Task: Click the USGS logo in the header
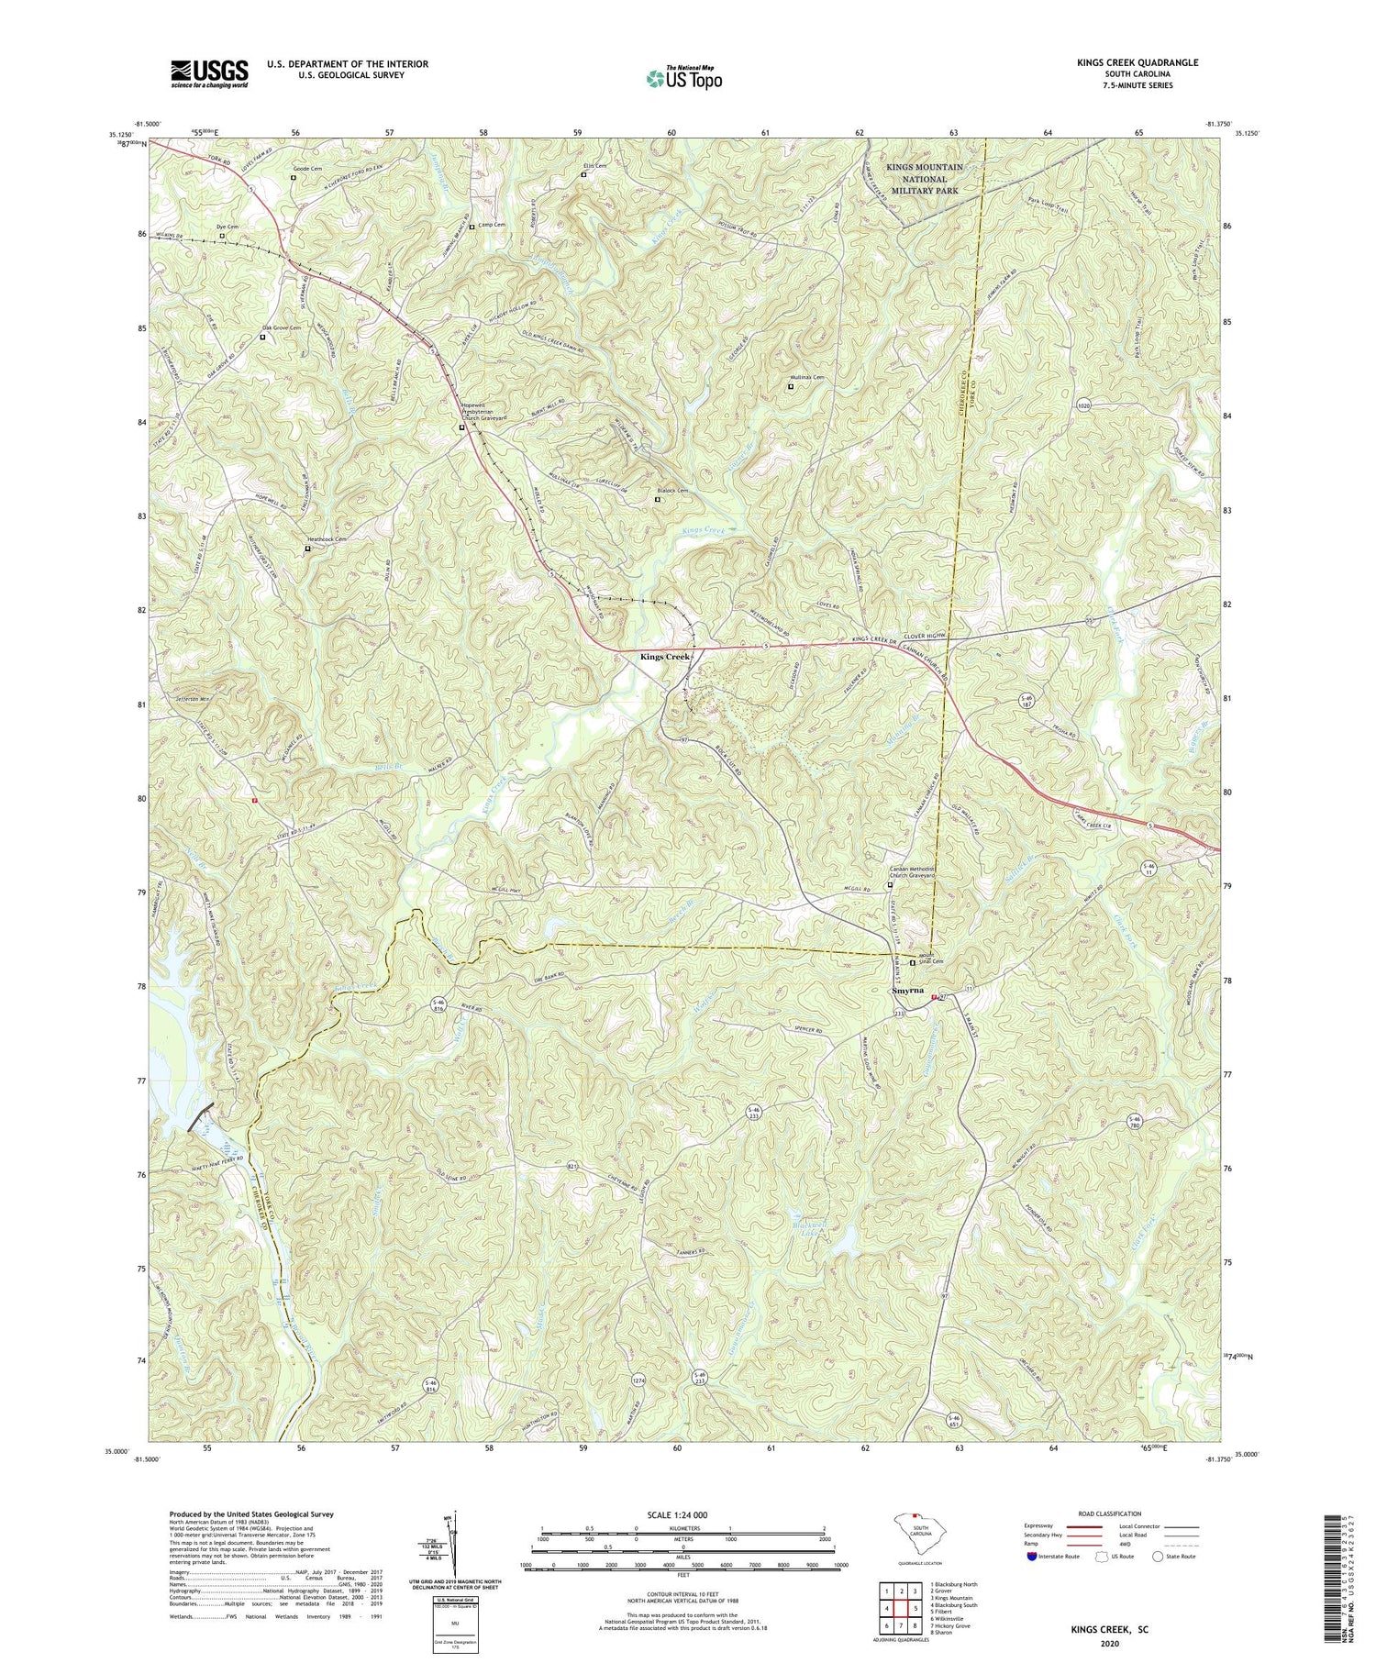point(209,73)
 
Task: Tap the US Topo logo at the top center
point(684,79)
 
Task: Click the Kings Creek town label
point(665,657)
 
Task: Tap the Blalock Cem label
point(672,491)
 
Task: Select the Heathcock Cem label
point(327,539)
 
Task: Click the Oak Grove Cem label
point(283,327)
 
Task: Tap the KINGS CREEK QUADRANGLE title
point(1125,62)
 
